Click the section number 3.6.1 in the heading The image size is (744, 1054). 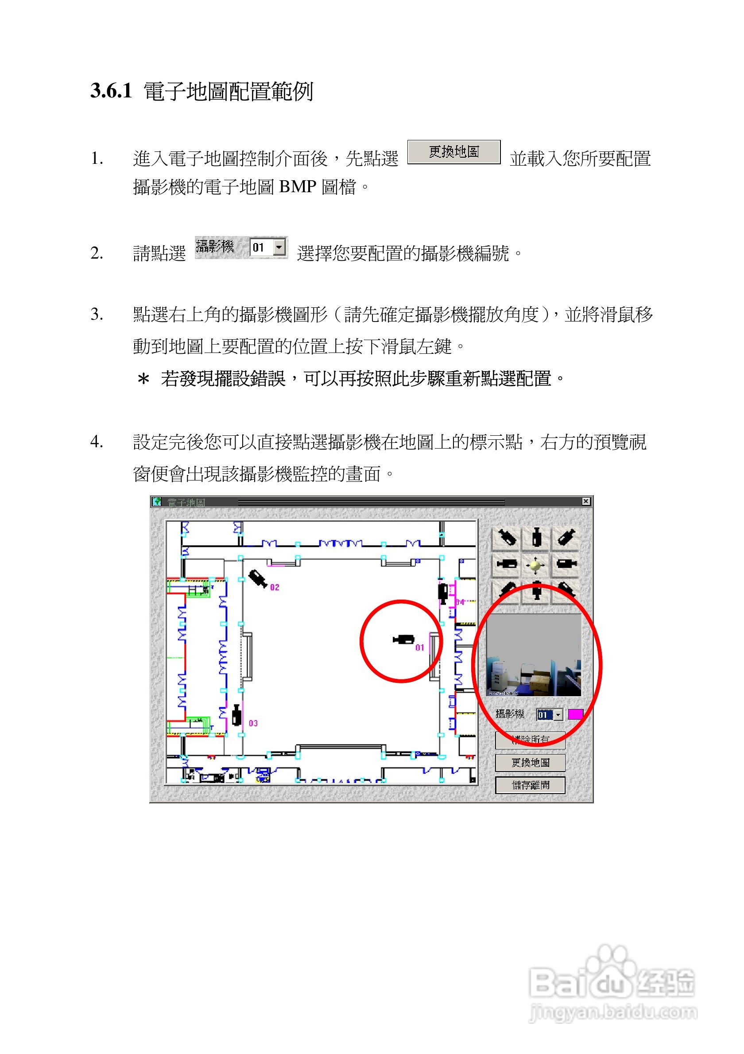(x=111, y=90)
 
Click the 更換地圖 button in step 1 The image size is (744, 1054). (x=453, y=152)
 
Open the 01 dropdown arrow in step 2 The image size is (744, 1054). (x=279, y=248)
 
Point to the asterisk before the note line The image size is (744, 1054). (x=143, y=380)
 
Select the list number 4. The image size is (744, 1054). (x=97, y=442)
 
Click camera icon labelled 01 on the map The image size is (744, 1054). (x=403, y=639)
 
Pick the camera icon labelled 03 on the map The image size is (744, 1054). (x=236, y=715)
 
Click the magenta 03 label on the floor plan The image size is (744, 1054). (x=253, y=724)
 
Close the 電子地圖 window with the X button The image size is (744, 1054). (x=585, y=501)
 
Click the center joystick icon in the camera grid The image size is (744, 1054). (x=535, y=564)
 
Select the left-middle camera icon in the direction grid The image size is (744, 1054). (x=507, y=564)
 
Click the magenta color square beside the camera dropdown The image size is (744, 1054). (x=575, y=714)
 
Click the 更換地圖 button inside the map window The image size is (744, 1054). (x=530, y=763)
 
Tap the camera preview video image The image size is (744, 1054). (x=533, y=655)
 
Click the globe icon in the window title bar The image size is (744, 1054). (x=157, y=502)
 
